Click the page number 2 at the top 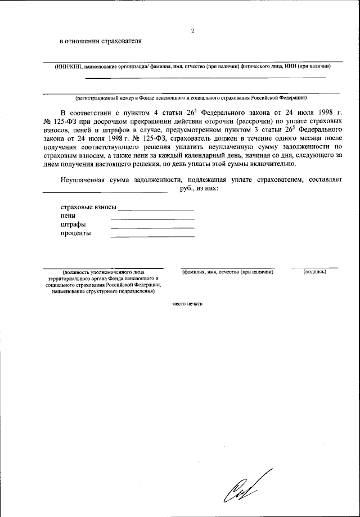(192, 31)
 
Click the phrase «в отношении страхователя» (101, 41)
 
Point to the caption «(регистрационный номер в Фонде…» (192, 98)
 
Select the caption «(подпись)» (314, 272)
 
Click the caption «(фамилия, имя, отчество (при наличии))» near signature (227, 272)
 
